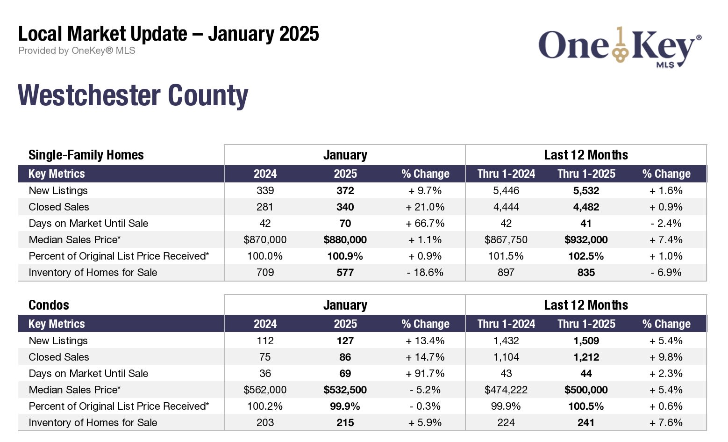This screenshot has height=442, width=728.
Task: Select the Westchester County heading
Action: [133, 95]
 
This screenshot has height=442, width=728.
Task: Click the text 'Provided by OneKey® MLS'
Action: [77, 51]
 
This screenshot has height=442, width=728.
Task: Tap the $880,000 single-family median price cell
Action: [345, 240]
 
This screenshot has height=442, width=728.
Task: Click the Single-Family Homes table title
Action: [86, 155]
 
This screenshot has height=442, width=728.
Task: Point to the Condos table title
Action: [49, 305]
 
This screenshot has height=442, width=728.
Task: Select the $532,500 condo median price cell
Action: [345, 390]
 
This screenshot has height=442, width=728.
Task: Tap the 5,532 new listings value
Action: [586, 191]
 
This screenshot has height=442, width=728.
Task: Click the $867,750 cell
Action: [506, 240]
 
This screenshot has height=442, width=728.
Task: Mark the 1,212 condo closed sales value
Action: [586, 357]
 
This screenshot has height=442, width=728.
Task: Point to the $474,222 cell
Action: [506, 390]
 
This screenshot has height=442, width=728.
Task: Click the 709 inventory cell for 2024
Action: [265, 273]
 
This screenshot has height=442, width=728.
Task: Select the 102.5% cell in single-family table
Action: [586, 256]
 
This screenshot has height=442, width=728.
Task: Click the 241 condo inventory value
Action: [586, 423]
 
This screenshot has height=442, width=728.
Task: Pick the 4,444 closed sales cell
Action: [506, 207]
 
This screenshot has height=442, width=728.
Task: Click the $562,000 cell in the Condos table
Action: [265, 390]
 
